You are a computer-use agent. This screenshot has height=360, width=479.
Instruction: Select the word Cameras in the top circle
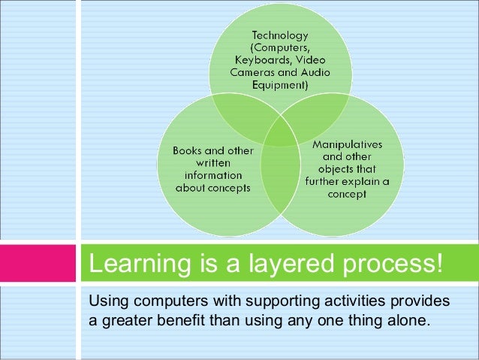click(x=253, y=72)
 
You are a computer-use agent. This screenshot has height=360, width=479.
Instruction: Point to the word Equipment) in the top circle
click(x=279, y=86)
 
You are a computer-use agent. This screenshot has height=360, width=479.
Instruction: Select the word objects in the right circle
click(x=326, y=169)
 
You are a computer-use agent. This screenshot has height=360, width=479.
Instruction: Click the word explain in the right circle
click(x=357, y=182)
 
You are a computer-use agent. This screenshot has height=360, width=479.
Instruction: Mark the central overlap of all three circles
click(x=280, y=135)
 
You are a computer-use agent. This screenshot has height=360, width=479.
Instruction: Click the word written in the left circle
click(x=215, y=162)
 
